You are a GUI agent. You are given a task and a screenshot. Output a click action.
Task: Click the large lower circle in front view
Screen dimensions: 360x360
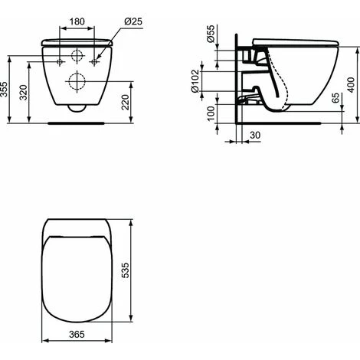(x=76, y=81)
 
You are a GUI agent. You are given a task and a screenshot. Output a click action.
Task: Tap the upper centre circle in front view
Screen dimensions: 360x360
(x=76, y=56)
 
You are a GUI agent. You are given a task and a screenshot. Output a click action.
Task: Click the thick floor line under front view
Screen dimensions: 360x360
(x=76, y=121)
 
